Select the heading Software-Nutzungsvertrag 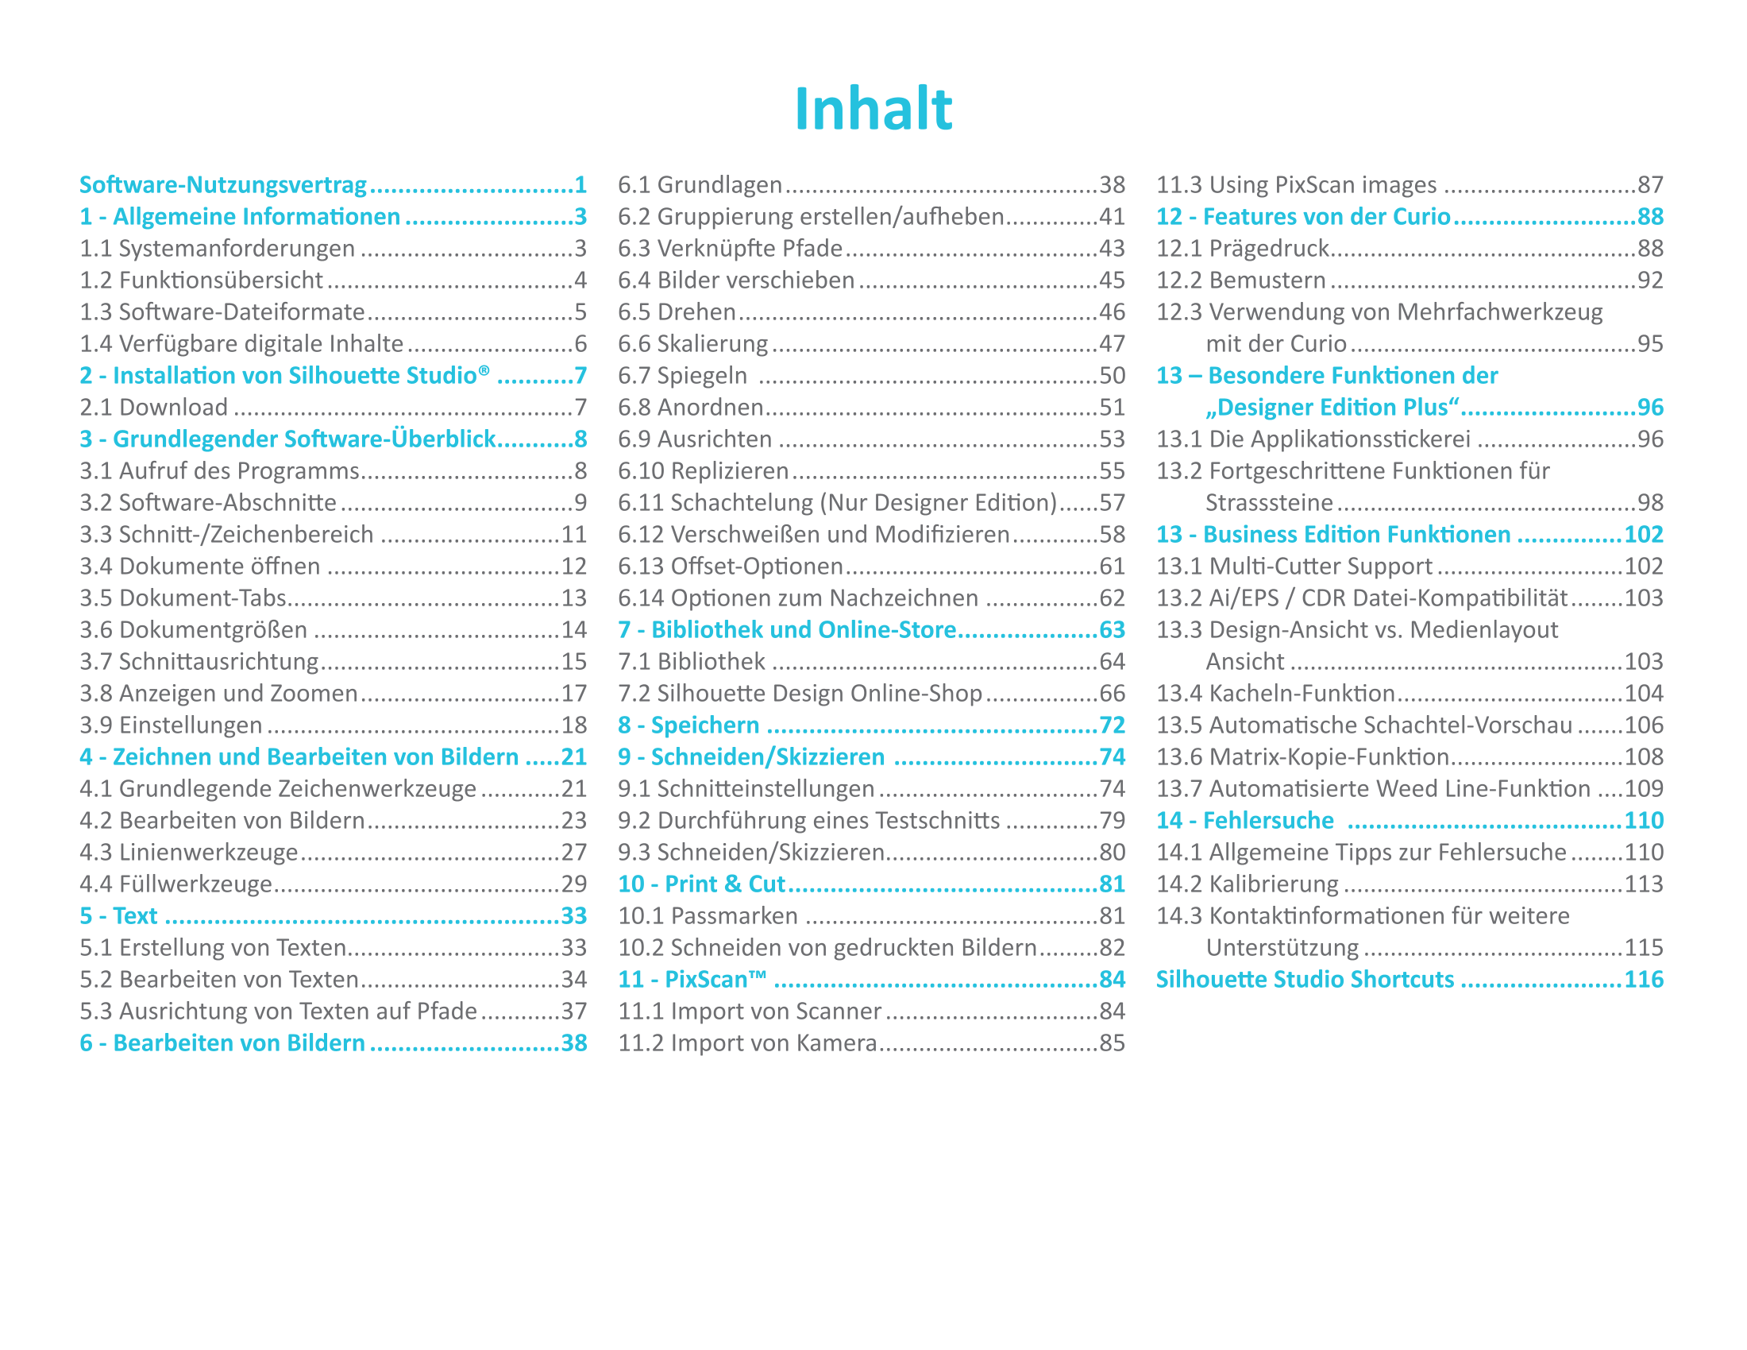pyautogui.click(x=222, y=185)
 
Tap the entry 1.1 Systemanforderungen pyautogui.click(x=217, y=249)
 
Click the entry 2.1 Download pyautogui.click(x=153, y=408)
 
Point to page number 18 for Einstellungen pyautogui.click(x=573, y=725)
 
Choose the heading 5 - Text pyautogui.click(x=118, y=915)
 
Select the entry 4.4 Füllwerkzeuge pyautogui.click(x=176, y=884)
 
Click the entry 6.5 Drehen pyautogui.click(x=676, y=312)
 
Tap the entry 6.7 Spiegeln pyautogui.click(x=682, y=375)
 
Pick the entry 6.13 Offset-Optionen pyautogui.click(x=731, y=567)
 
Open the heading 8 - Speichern pyautogui.click(x=688, y=725)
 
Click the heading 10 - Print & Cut pyautogui.click(x=700, y=884)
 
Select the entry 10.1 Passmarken pyautogui.click(x=707, y=915)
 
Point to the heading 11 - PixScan pyautogui.click(x=691, y=980)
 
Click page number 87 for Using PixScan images pyautogui.click(x=1649, y=185)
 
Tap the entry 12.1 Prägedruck pyautogui.click(x=1242, y=249)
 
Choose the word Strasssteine pyautogui.click(x=1269, y=502)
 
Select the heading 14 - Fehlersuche pyautogui.click(x=1244, y=820)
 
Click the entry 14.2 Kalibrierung pyautogui.click(x=1246, y=884)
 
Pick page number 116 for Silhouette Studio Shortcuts pyautogui.click(x=1643, y=980)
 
